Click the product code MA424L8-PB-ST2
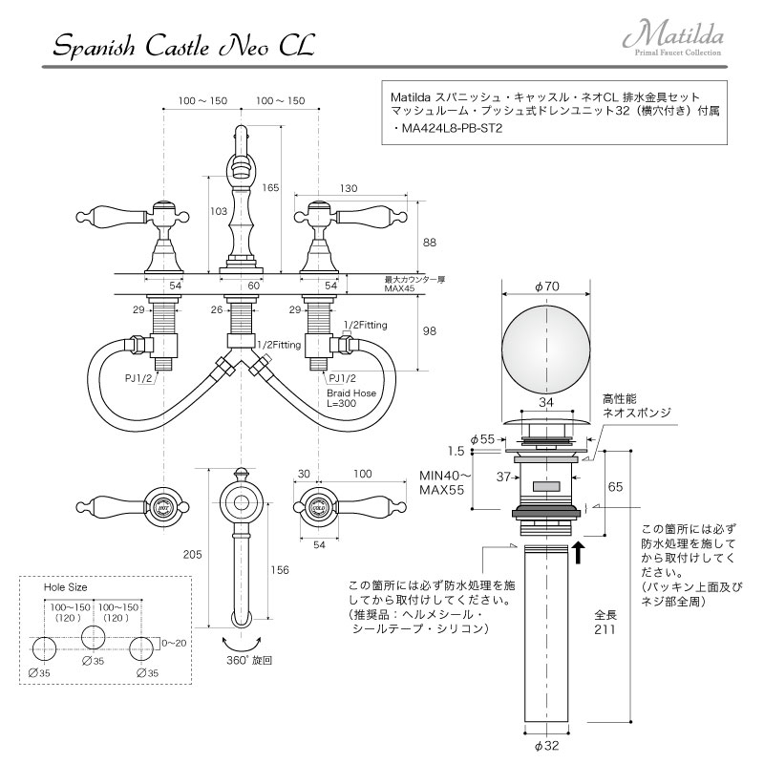click(451, 129)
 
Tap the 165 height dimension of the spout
click(270, 187)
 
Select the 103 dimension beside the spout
click(219, 211)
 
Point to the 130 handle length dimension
click(349, 188)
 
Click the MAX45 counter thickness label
click(399, 288)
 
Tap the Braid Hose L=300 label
click(351, 398)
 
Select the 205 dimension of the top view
click(193, 554)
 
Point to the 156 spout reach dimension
click(280, 569)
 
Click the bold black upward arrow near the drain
click(579, 553)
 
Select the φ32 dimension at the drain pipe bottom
click(546, 746)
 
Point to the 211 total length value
click(605, 629)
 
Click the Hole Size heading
click(65, 587)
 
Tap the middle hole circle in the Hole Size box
click(94, 637)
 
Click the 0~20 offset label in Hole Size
click(174, 643)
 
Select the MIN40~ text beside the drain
click(446, 475)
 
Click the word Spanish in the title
click(94, 48)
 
